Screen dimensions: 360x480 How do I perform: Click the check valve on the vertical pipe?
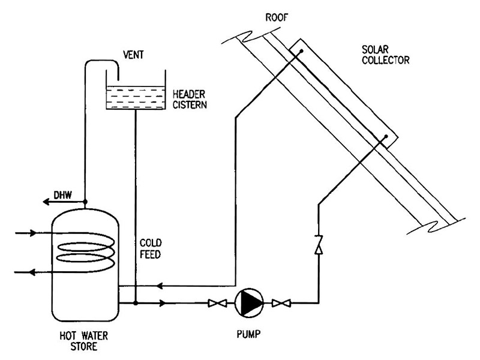(319, 245)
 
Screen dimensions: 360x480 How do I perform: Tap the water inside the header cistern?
(136, 98)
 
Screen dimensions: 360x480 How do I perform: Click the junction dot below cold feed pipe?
(136, 304)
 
